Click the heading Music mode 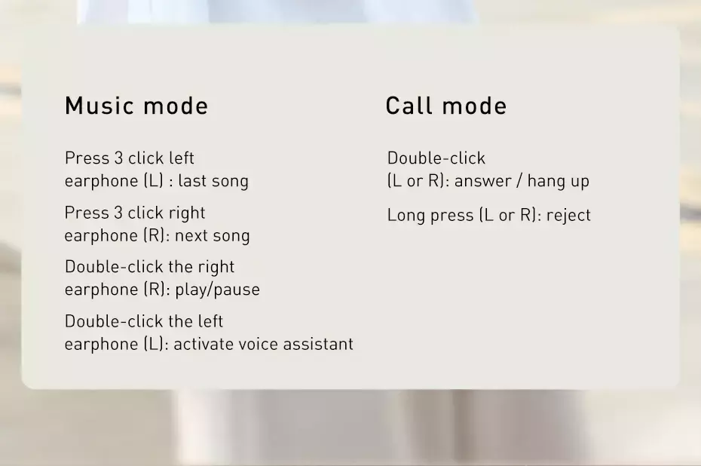[136, 106]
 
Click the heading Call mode [446, 106]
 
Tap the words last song [213, 182]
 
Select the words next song [212, 236]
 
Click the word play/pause [217, 290]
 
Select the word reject [568, 216]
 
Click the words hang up [558, 182]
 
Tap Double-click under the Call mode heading [436, 158]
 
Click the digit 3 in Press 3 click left [118, 158]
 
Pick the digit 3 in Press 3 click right [118, 213]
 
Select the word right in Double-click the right [216, 268]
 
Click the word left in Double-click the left [210, 321]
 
